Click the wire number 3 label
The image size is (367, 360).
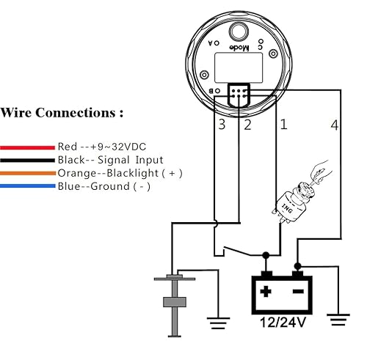[222, 125]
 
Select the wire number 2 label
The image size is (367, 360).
[247, 125]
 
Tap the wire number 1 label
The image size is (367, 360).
[283, 125]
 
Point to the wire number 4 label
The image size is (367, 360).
[335, 125]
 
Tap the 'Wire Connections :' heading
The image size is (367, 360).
[62, 113]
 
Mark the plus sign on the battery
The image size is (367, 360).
[265, 291]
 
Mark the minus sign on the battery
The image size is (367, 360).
[297, 291]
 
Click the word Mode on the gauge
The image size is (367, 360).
[238, 48]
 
